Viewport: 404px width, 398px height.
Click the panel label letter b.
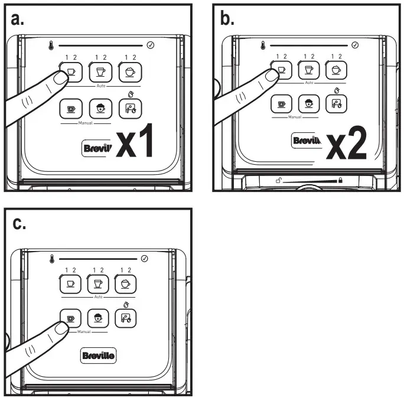coord(227,19)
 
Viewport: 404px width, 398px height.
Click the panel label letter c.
coord(19,226)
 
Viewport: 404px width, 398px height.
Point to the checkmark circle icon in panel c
coord(145,259)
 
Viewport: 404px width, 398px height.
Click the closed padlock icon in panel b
coord(341,179)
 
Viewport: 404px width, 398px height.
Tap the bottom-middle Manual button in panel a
coord(99,108)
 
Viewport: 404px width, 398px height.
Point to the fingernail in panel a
coord(59,77)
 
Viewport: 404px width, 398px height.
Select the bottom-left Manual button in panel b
coord(281,104)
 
